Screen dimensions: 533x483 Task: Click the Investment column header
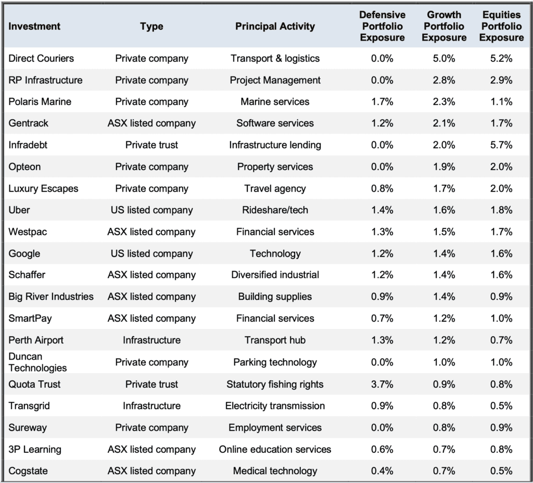(x=34, y=26)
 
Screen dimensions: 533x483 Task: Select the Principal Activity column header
(x=275, y=26)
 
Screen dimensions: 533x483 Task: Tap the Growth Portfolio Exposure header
(x=444, y=26)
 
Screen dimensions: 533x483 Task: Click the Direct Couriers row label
(x=41, y=58)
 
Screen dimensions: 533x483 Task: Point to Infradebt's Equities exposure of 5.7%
(x=501, y=145)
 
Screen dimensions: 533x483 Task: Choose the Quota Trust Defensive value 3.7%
(x=382, y=385)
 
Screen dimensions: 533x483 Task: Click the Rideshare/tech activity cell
(x=275, y=210)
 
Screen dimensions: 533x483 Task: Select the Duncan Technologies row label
(x=37, y=362)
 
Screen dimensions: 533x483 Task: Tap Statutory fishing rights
(x=275, y=385)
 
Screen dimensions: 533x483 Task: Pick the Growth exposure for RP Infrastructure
(x=444, y=80)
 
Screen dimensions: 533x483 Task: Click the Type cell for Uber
(x=151, y=210)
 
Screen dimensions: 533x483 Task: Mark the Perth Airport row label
(x=36, y=340)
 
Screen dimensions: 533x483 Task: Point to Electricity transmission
(x=275, y=406)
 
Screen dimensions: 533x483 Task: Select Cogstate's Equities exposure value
(x=501, y=471)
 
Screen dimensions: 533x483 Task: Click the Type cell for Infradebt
(x=151, y=145)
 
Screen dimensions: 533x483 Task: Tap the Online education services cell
(x=275, y=449)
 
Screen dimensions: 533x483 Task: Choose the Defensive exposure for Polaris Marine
(x=382, y=101)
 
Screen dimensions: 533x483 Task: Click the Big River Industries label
(x=51, y=297)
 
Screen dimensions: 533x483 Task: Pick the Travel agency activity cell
(x=275, y=188)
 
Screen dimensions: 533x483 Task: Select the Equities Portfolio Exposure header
(x=501, y=26)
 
